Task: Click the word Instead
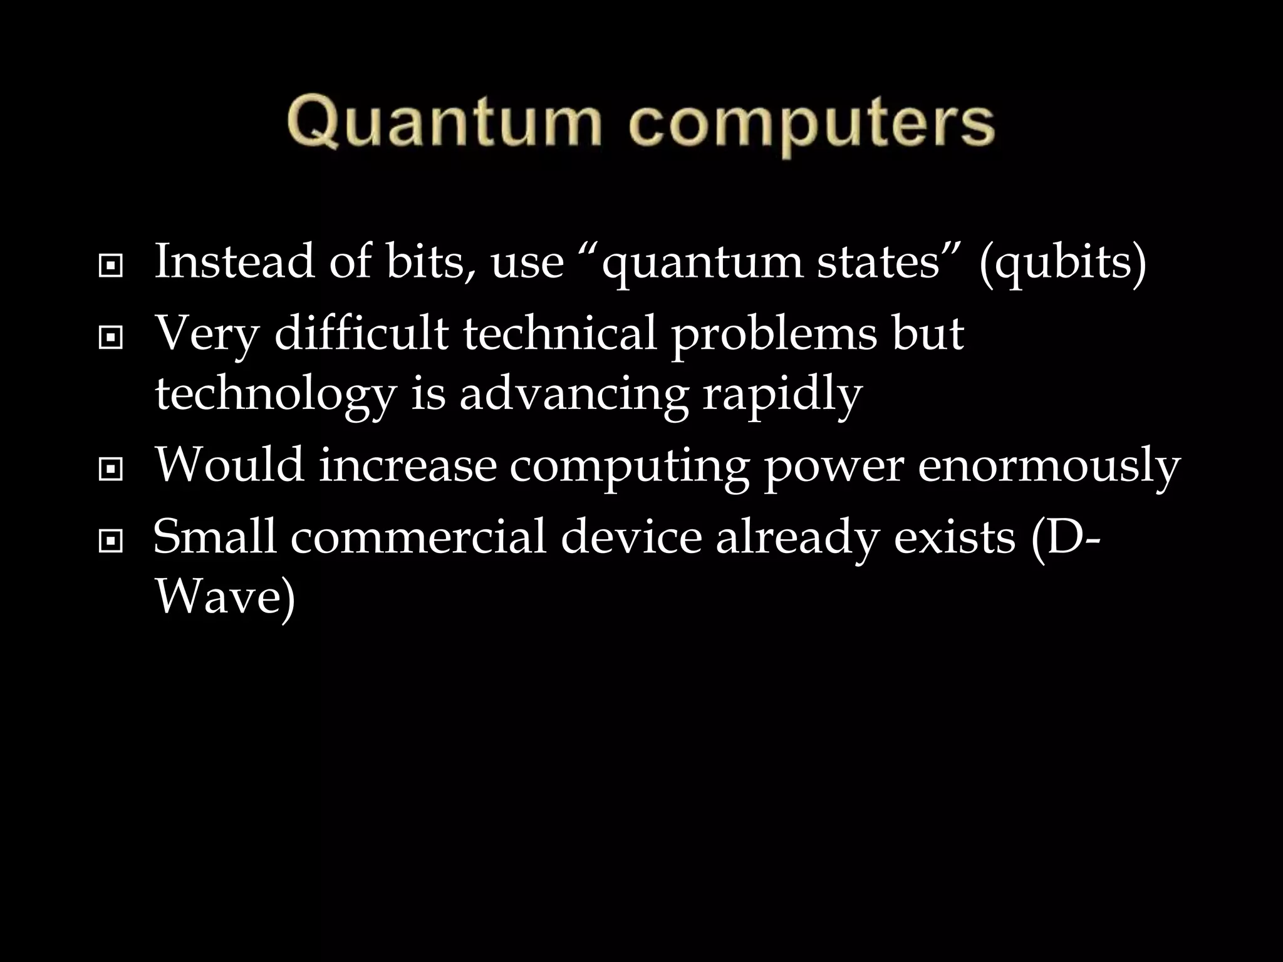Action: [234, 262]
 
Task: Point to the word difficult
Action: [361, 333]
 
